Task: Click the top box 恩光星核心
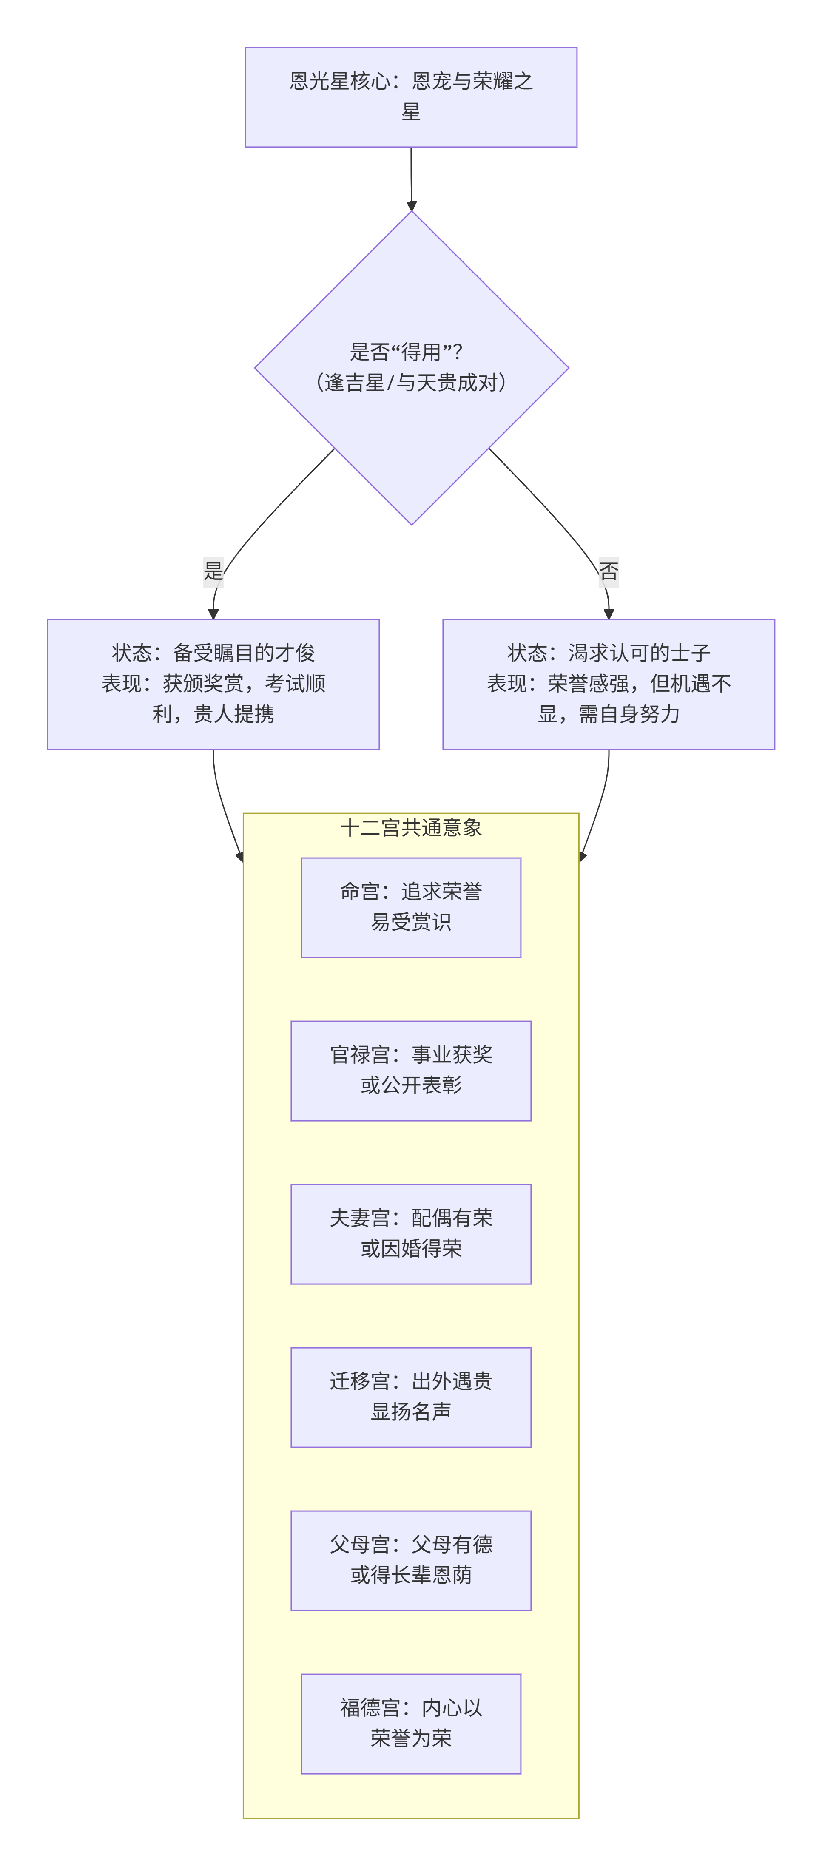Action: pyautogui.click(x=411, y=97)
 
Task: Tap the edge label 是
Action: pyautogui.click(x=213, y=571)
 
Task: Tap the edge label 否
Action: pyautogui.click(x=609, y=571)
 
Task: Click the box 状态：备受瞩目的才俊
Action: pyautogui.click(x=213, y=684)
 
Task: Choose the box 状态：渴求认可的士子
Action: pyautogui.click(x=609, y=684)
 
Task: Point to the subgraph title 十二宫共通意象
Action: pyautogui.click(x=411, y=827)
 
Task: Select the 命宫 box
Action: pyautogui.click(x=411, y=907)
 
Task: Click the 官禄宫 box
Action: pyautogui.click(x=411, y=1070)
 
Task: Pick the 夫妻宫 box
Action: pyautogui.click(x=411, y=1234)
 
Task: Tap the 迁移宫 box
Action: pyautogui.click(x=411, y=1397)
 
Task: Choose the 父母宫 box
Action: pyautogui.click(x=411, y=1559)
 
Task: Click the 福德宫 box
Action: pyautogui.click(x=411, y=1723)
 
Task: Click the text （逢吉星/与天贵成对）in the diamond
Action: pyautogui.click(x=411, y=383)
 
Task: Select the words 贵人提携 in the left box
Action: pyautogui.click(x=233, y=714)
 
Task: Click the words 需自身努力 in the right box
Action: pyautogui.click(x=629, y=714)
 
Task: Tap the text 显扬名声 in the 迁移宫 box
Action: pyautogui.click(x=411, y=1412)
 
